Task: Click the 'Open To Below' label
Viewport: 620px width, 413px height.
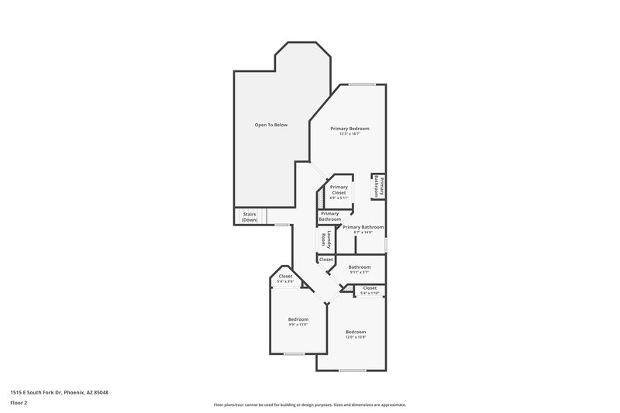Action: tap(271, 125)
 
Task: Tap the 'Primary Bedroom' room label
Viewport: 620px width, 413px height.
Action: tap(350, 128)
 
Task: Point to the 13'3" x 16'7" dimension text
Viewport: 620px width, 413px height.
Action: tap(350, 134)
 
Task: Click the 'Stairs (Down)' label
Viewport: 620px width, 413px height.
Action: tap(250, 217)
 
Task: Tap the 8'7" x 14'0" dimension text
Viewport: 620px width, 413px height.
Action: tap(363, 232)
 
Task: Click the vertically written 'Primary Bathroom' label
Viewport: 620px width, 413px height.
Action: tap(379, 186)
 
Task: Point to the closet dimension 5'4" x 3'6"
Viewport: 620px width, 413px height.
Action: tap(285, 281)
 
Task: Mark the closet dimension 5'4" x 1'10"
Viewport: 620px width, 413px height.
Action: tap(370, 293)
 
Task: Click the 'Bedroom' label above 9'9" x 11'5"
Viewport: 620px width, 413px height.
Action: tap(298, 319)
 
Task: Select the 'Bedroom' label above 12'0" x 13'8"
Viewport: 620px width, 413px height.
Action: tap(356, 332)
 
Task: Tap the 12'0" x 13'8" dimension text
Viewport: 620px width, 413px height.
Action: tap(356, 338)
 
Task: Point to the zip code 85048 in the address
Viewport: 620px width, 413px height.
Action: tap(99, 393)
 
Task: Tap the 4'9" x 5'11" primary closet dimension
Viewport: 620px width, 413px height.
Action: tap(339, 198)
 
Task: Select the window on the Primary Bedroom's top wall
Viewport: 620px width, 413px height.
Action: tap(362, 84)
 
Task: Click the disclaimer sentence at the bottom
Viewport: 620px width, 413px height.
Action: tap(309, 404)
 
